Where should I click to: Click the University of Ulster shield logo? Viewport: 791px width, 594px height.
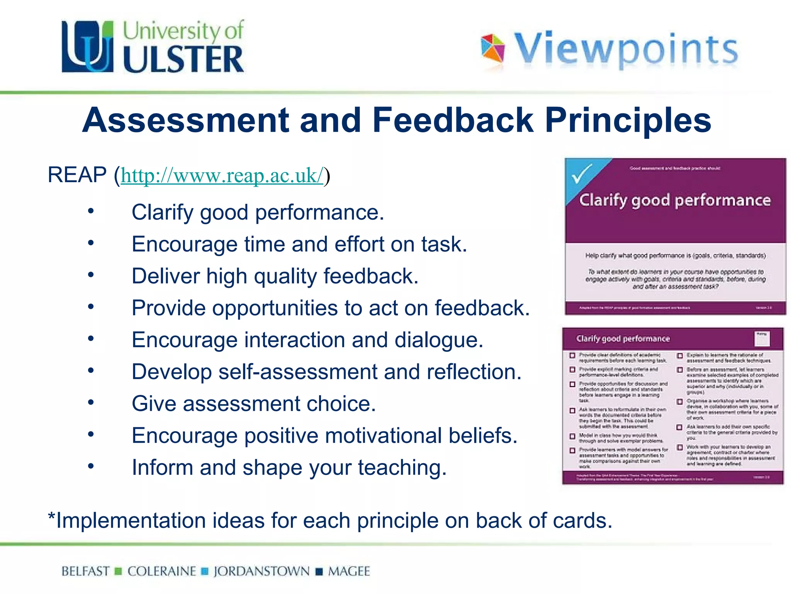pos(88,47)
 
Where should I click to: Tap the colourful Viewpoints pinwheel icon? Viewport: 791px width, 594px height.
pos(492,48)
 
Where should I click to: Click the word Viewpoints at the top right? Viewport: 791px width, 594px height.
pos(626,49)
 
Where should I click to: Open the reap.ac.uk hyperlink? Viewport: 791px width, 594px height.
pos(222,176)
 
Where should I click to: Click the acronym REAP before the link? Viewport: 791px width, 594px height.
pos(77,175)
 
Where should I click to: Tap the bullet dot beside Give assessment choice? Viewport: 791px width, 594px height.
pos(91,402)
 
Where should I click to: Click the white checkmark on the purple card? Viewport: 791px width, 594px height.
pos(581,174)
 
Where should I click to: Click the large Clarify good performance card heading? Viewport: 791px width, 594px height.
pos(675,200)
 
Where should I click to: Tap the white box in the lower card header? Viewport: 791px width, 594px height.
pos(762,338)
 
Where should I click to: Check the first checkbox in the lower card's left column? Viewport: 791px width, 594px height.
pos(572,355)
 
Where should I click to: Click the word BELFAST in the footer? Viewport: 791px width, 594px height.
pos(85,571)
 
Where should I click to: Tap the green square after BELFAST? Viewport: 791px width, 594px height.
pos(119,572)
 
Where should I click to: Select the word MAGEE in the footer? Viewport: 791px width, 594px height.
pos(349,571)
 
